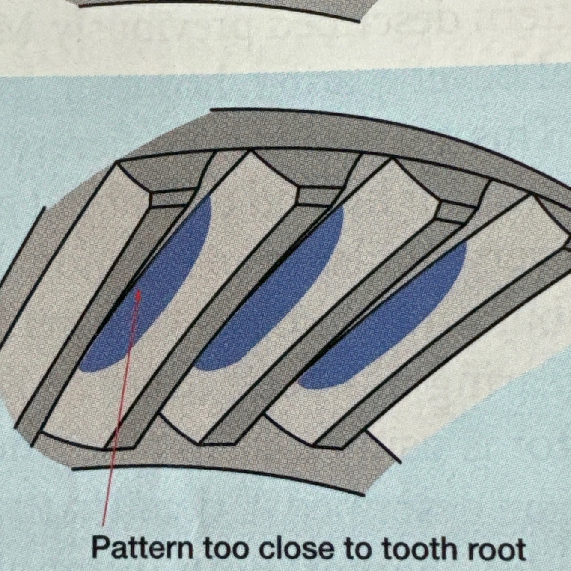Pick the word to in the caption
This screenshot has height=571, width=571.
(358, 549)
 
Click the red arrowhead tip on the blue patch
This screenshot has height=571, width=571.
(138, 292)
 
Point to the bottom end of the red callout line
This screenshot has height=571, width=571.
(103, 524)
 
